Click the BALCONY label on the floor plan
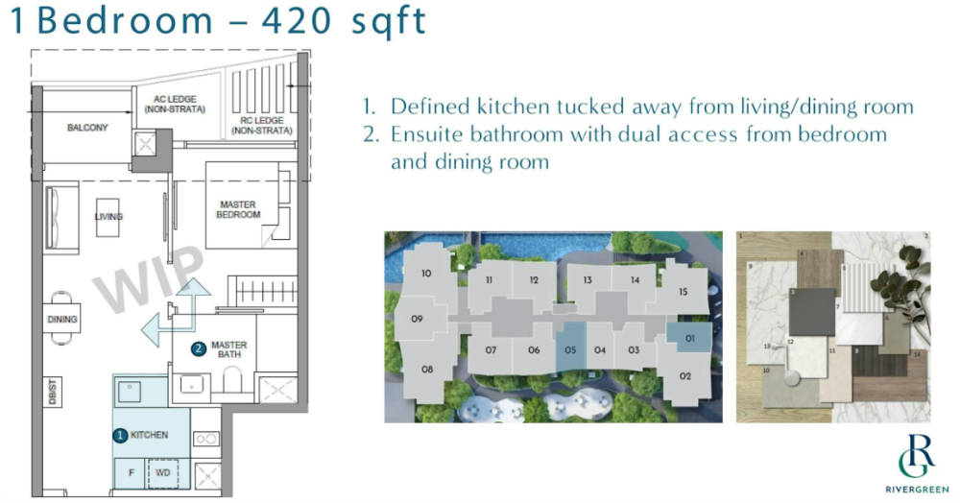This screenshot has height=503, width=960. [87, 128]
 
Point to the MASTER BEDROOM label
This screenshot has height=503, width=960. [240, 209]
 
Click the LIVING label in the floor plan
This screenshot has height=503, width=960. [108, 217]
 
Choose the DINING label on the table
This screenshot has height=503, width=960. [62, 319]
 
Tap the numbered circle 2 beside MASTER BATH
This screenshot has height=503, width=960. [199, 348]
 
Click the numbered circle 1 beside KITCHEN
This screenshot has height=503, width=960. [120, 435]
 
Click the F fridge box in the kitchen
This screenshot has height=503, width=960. [130, 473]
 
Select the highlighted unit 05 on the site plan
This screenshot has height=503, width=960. [569, 349]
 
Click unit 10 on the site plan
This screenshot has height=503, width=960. [426, 274]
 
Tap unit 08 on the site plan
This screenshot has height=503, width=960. [427, 370]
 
